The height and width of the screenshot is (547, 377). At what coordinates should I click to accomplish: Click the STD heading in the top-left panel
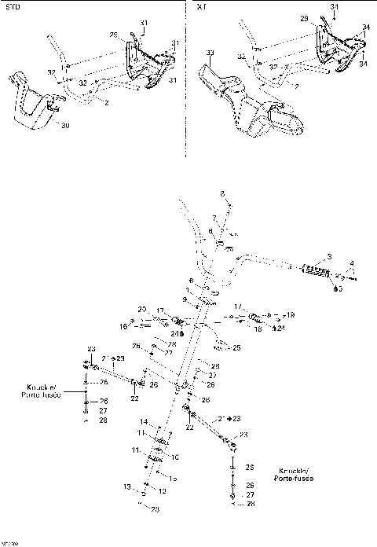[x=11, y=6]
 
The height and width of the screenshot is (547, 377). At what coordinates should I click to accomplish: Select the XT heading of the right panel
[x=202, y=6]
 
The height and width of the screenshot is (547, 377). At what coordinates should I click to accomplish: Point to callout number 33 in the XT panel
[x=210, y=53]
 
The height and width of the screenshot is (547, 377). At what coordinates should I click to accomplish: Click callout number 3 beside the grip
[x=330, y=256]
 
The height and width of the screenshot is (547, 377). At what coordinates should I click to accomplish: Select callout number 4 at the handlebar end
[x=351, y=264]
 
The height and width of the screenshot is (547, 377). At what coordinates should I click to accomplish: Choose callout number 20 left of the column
[x=142, y=308]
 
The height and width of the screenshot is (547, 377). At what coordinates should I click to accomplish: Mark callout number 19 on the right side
[x=290, y=314]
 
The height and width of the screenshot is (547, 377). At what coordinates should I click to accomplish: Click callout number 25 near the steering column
[x=236, y=347]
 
